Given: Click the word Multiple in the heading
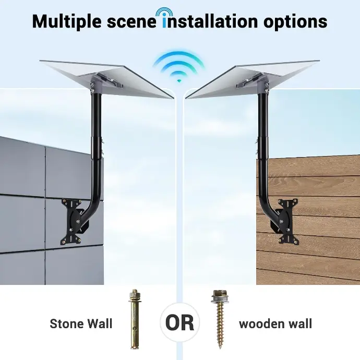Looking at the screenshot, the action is (67, 21).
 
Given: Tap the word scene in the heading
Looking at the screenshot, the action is (131, 21).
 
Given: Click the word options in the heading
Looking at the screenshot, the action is (295, 21).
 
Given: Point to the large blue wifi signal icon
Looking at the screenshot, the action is (179, 67).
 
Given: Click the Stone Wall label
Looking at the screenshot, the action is (81, 323).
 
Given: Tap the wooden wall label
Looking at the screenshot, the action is (275, 323).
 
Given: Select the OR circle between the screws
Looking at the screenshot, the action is (180, 322).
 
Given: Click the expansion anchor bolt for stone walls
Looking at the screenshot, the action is (135, 319).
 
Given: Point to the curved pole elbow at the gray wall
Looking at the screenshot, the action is (91, 202).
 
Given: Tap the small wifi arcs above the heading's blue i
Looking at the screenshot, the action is (164, 11).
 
